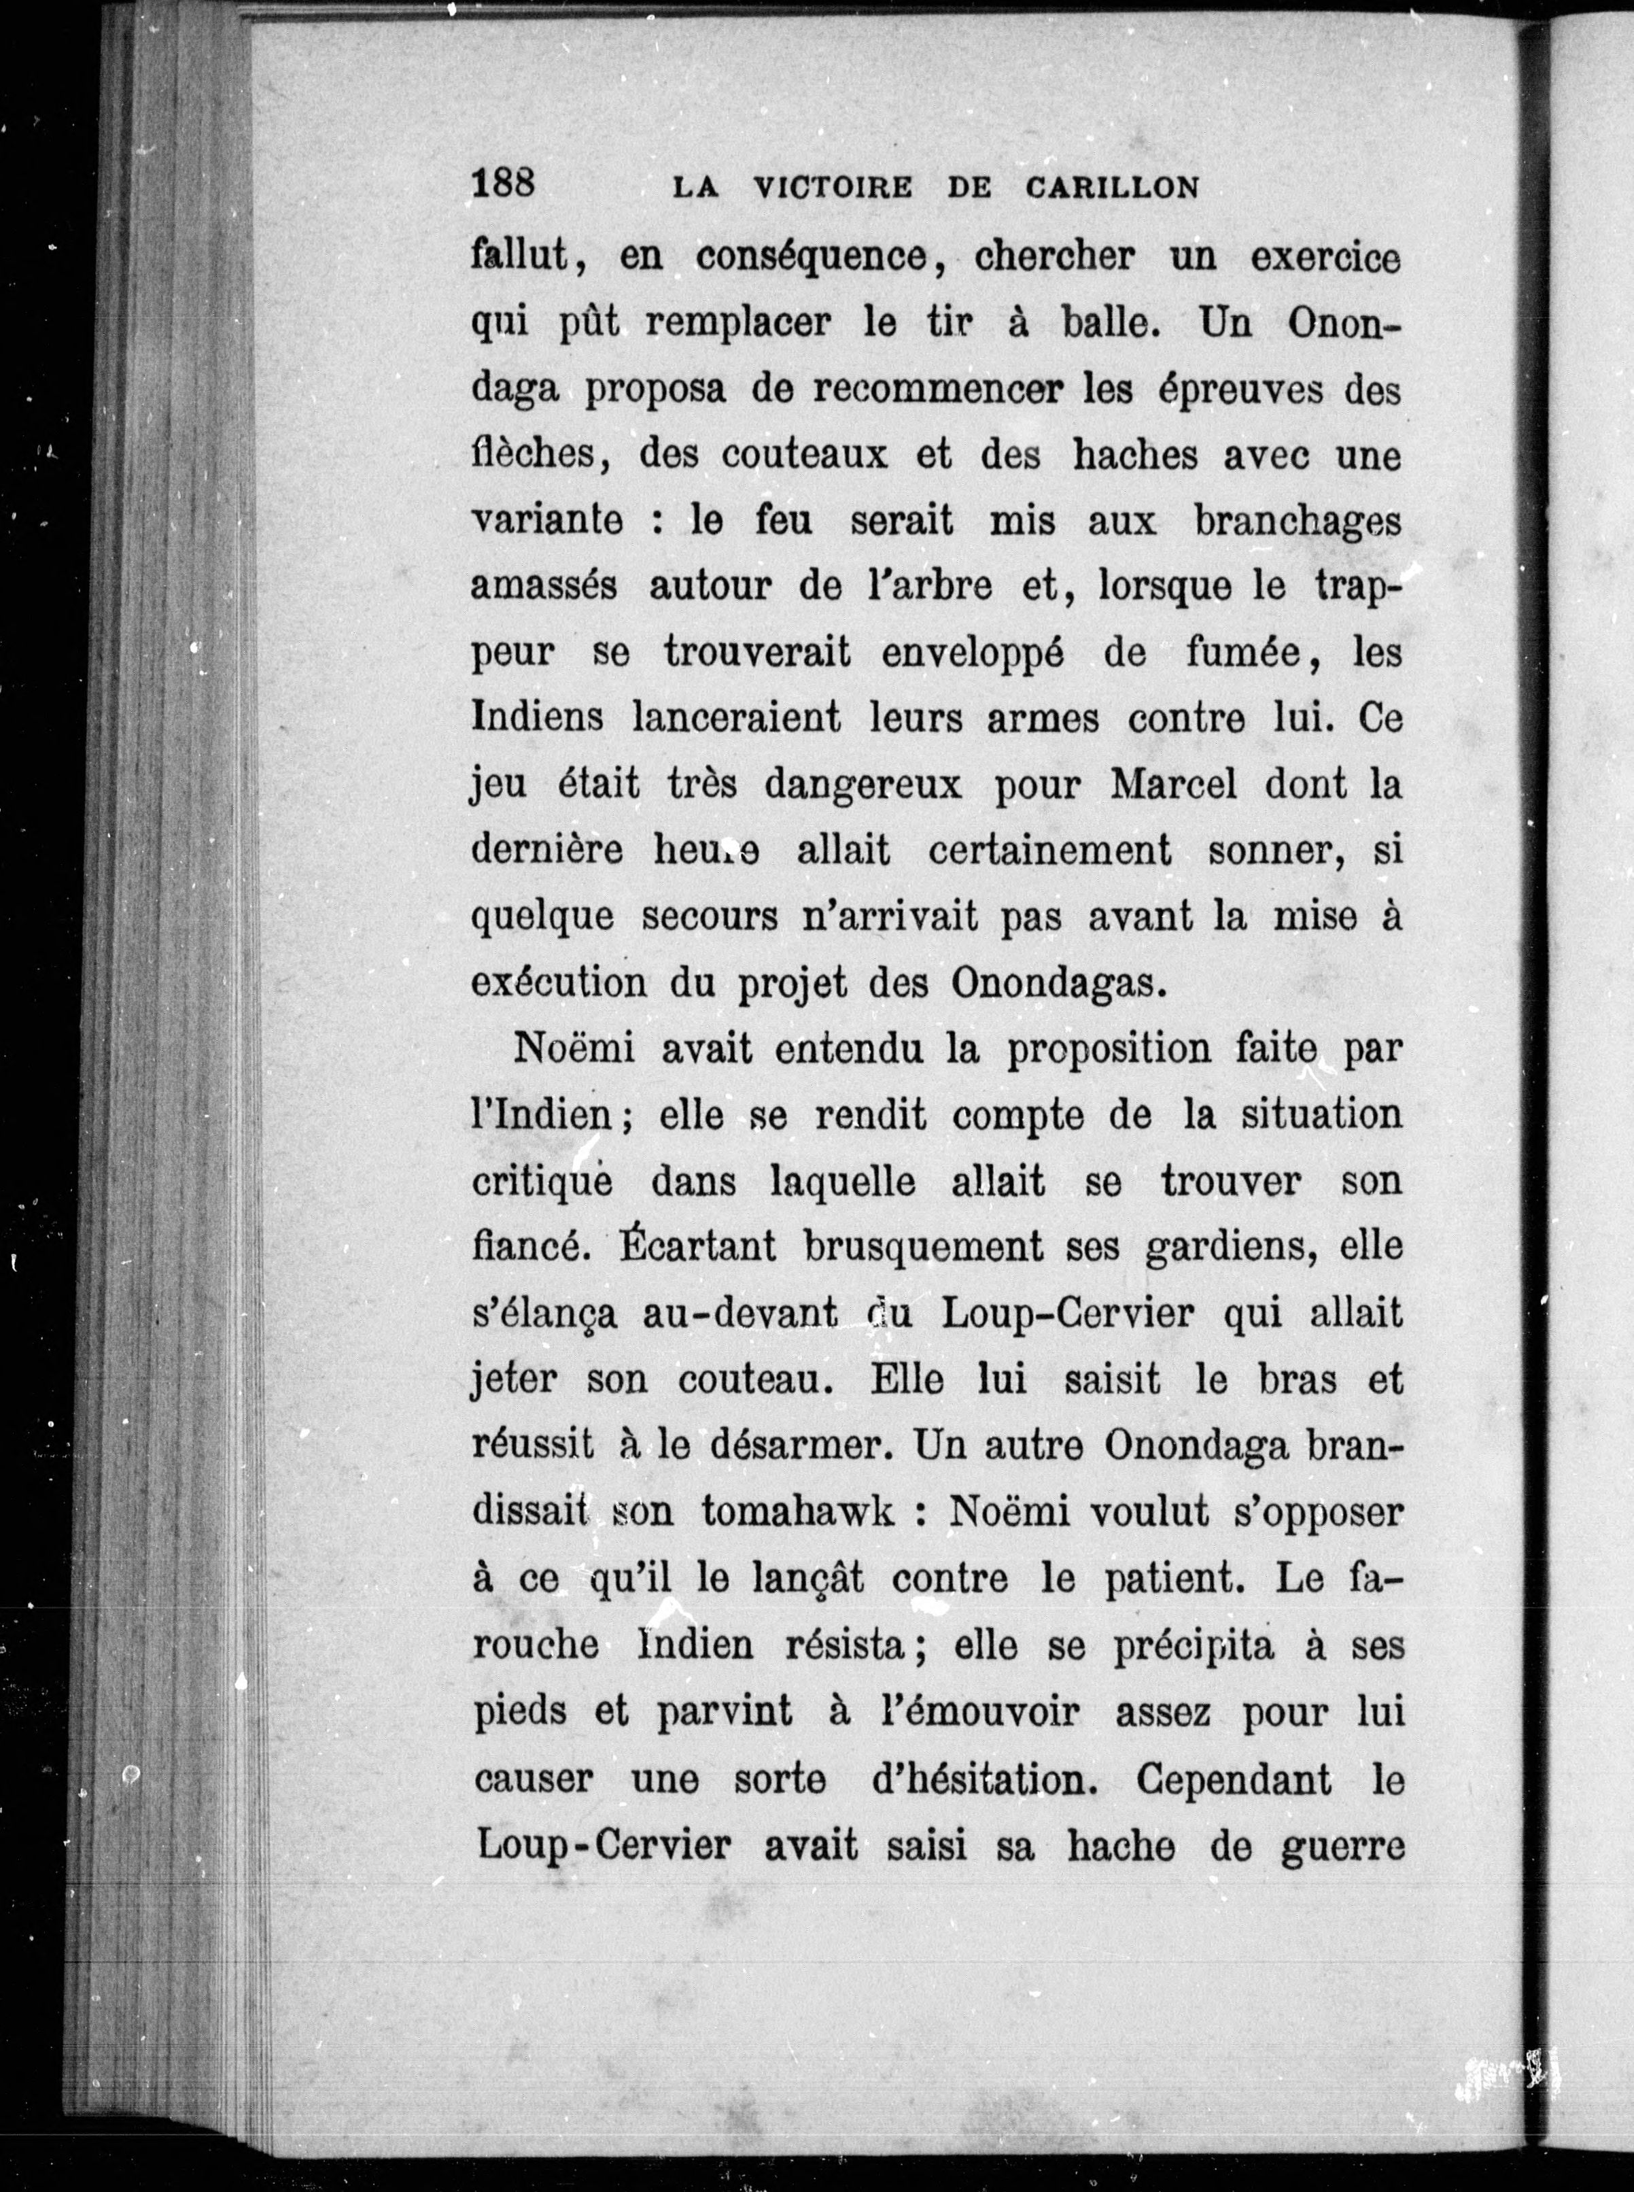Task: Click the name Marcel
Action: click(x=1173, y=785)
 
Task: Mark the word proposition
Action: click(x=1108, y=1050)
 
